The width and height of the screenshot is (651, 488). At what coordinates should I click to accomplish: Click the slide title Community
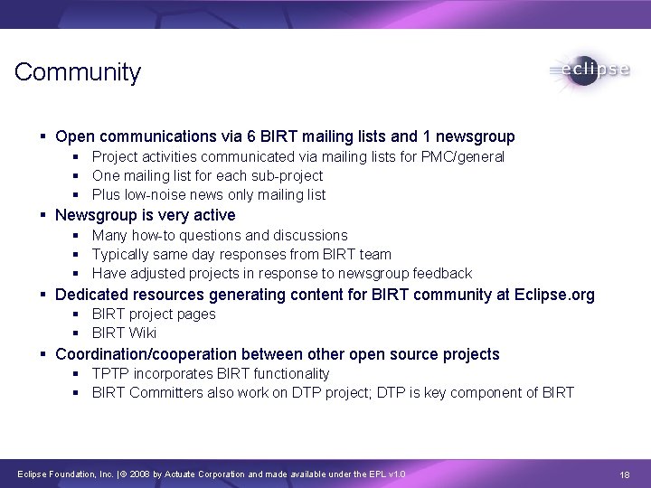(x=78, y=72)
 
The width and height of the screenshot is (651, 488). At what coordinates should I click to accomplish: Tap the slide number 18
(x=625, y=474)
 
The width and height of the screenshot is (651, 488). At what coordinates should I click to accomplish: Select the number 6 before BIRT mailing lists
(x=251, y=137)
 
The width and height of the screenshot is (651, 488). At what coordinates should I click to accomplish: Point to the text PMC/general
(x=466, y=157)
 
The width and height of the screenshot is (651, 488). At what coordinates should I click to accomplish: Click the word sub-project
(x=291, y=176)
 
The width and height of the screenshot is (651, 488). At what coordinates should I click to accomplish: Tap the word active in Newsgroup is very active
(x=212, y=215)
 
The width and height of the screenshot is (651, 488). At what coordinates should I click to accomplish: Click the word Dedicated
(x=92, y=295)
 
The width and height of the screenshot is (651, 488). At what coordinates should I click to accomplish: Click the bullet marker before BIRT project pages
(x=79, y=314)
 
